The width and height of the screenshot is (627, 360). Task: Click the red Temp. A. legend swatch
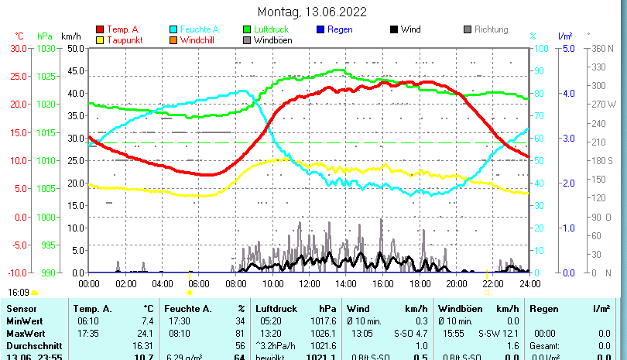(101, 29)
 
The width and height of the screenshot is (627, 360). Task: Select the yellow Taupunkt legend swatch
(101, 39)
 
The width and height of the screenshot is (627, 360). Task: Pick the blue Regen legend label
(340, 29)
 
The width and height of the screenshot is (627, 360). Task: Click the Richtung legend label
(491, 29)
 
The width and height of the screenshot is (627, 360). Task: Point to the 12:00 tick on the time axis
(309, 283)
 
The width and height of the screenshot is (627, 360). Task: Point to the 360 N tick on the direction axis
(603, 48)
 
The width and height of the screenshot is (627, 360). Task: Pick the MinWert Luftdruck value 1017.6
(320, 321)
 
